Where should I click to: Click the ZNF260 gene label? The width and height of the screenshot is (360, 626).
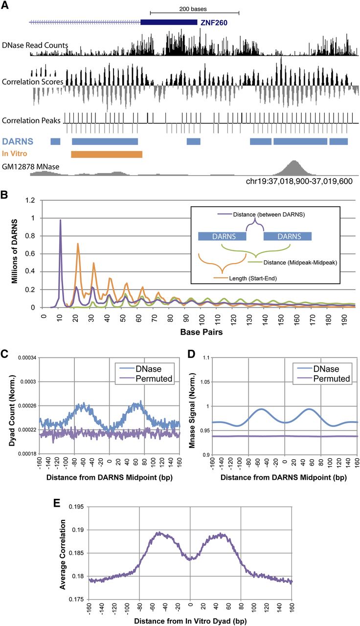pyautogui.click(x=214, y=22)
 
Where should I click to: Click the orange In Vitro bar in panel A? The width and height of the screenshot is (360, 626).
pyautogui.click(x=107, y=155)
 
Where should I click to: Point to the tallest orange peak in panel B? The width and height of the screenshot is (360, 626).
pyautogui.click(x=77, y=244)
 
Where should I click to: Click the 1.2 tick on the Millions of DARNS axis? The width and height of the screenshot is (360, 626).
pyautogui.click(x=32, y=201)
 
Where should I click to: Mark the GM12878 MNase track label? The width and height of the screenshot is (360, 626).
pyautogui.click(x=31, y=167)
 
